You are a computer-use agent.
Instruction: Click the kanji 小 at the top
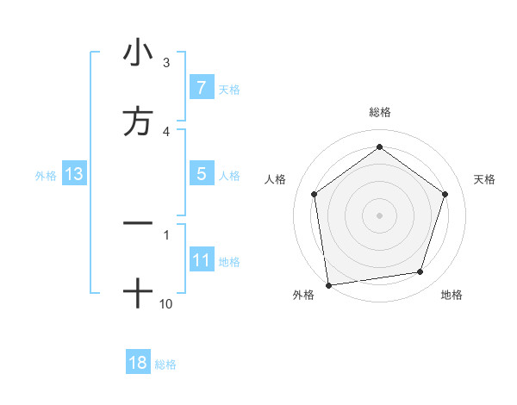[138, 53]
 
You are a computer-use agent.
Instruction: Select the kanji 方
[138, 121]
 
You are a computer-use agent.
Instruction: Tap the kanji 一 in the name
[138, 223]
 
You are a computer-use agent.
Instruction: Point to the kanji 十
[138, 294]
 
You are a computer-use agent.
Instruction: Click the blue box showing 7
[201, 88]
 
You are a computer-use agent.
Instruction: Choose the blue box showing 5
[201, 174]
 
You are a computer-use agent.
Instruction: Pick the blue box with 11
[201, 260]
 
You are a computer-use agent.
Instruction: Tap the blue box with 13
[74, 174]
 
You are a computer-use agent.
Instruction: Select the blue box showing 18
[138, 363]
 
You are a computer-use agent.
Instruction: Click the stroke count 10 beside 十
[166, 303]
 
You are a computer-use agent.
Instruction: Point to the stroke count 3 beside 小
[166, 63]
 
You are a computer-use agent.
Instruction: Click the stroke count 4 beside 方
[166, 131]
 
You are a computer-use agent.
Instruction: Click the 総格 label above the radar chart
[380, 112]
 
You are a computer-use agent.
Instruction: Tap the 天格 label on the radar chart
[485, 179]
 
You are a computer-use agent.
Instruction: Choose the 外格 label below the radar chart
[303, 295]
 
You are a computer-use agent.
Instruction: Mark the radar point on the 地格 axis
[420, 272]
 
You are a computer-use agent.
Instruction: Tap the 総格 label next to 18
[165, 364]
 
